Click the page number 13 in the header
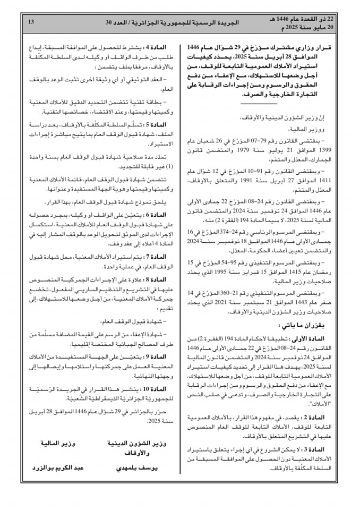tap(30, 22)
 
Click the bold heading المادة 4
tap(153, 48)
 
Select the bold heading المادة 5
tap(153, 125)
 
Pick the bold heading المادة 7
tap(153, 257)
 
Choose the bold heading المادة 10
tap(152, 388)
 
